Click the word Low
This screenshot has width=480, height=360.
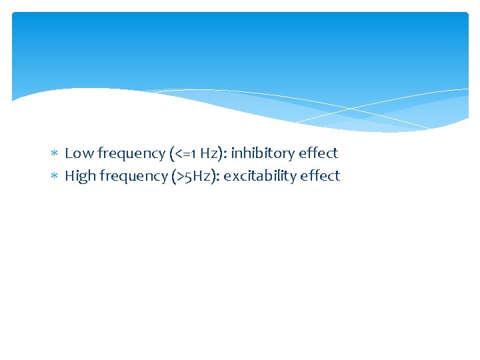point(79,153)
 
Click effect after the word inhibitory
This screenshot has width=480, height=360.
point(319,153)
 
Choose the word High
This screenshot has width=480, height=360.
point(80,176)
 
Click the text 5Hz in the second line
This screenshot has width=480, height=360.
point(201,176)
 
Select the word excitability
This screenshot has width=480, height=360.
point(262,177)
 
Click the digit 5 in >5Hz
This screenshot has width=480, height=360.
point(191,177)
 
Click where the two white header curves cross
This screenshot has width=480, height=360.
point(351,109)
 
